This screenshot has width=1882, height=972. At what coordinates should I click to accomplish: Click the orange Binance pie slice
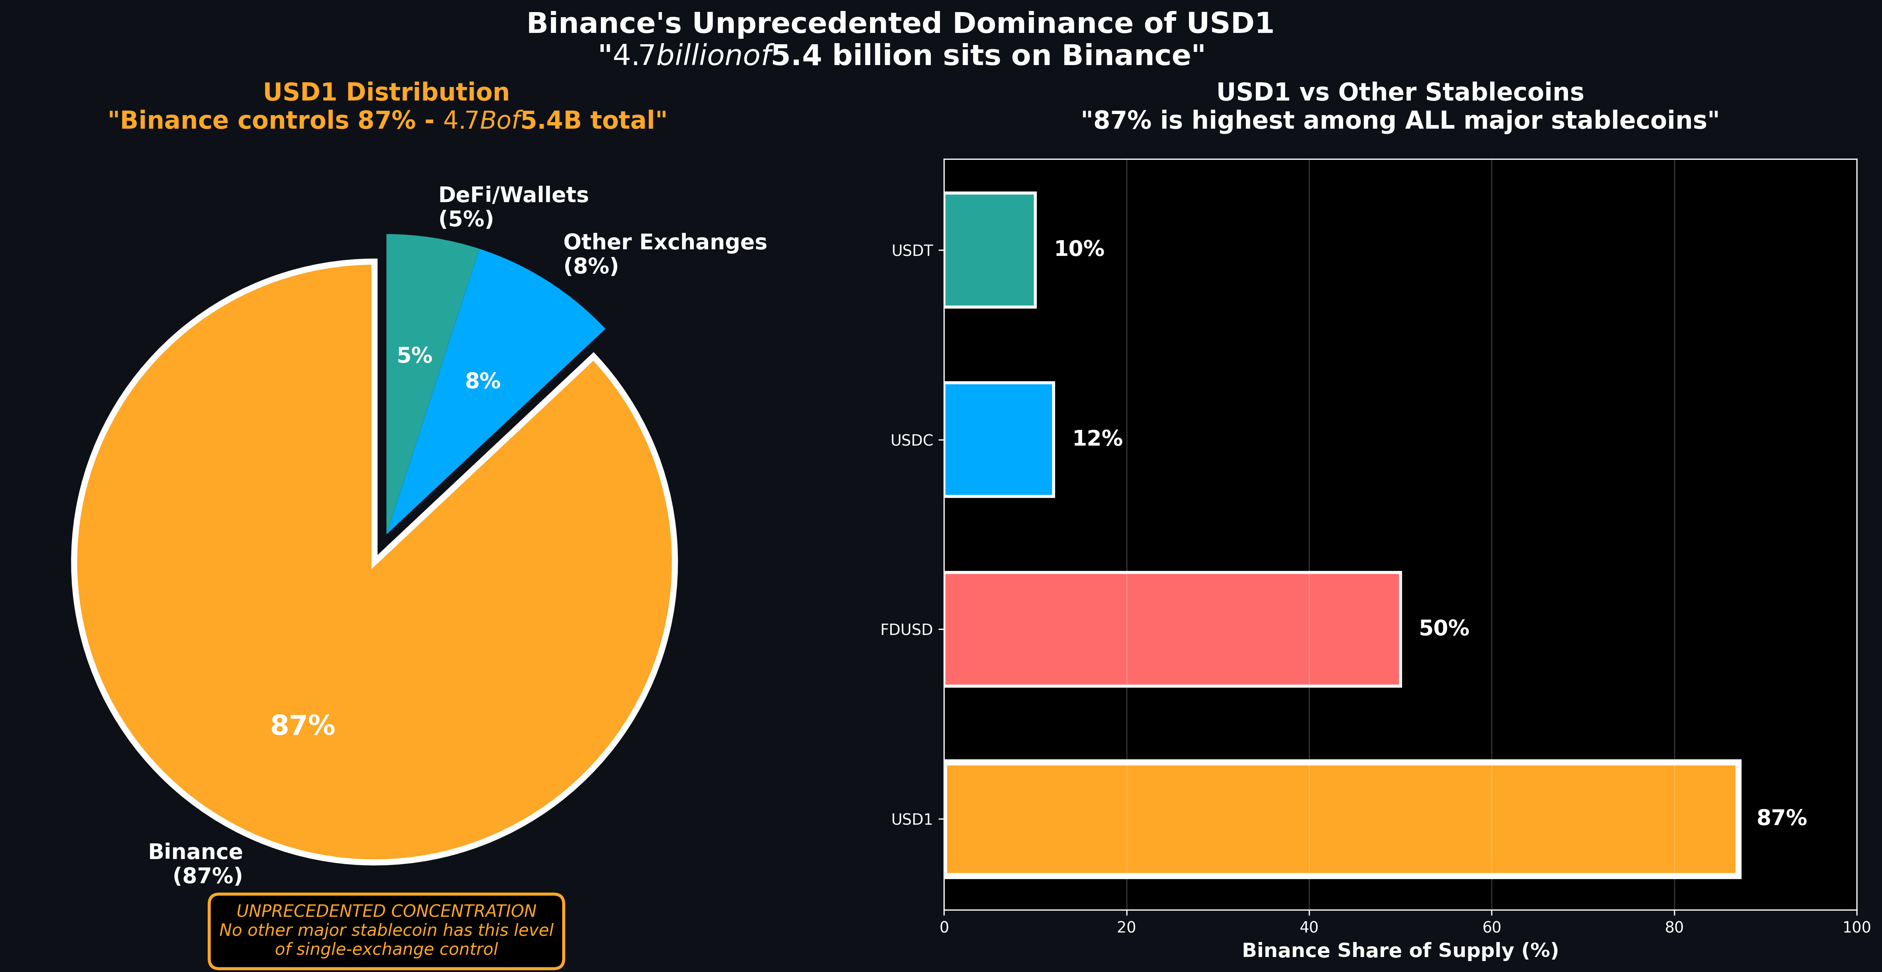(x=292, y=621)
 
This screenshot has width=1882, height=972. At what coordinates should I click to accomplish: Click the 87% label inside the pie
(x=302, y=726)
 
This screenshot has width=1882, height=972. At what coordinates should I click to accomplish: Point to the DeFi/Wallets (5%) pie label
(x=513, y=207)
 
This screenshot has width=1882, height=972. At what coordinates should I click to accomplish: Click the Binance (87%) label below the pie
(x=196, y=863)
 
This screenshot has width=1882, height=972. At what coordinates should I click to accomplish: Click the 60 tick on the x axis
(x=1491, y=927)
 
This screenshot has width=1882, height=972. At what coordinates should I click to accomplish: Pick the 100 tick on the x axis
(x=1856, y=927)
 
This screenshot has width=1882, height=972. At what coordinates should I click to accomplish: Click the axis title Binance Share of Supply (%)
(x=1400, y=951)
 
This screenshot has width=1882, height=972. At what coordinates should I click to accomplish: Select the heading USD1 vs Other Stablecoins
(x=1400, y=93)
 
